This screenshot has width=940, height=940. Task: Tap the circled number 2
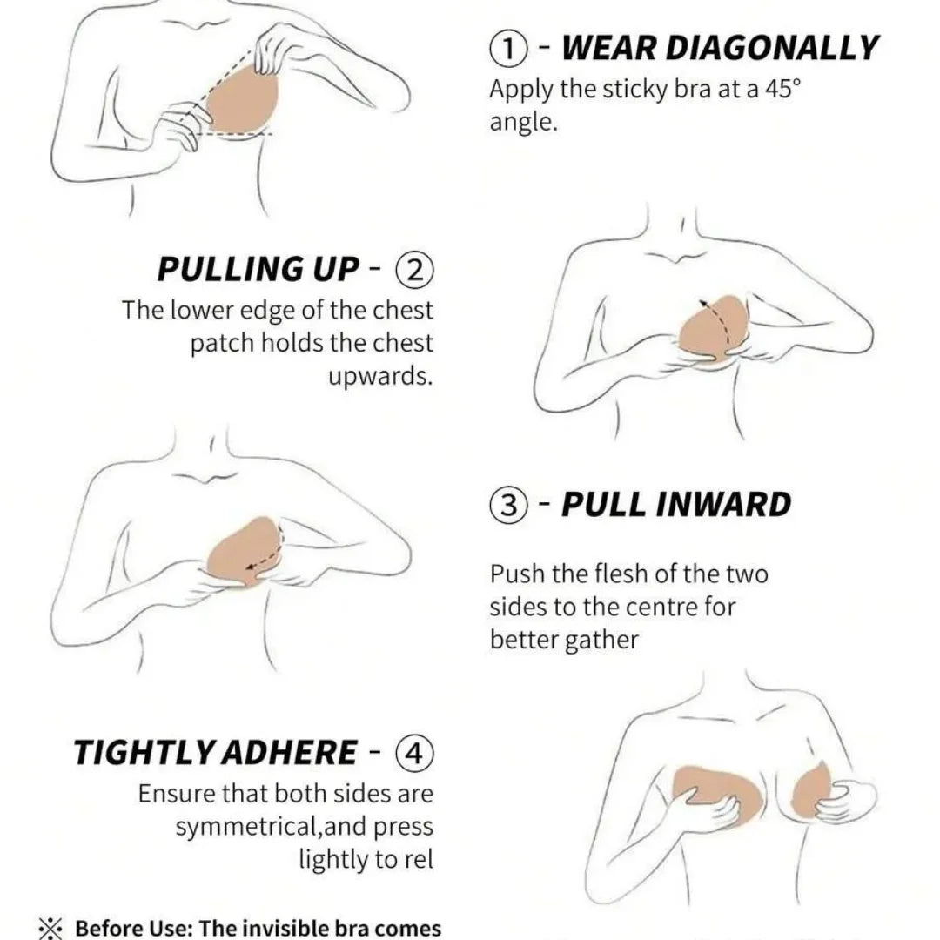pos(414,271)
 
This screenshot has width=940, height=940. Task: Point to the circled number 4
pos(414,754)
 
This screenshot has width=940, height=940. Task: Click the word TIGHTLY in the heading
pos(144,752)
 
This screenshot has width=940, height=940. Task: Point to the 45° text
pos(782,89)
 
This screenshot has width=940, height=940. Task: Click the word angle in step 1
pos(523,124)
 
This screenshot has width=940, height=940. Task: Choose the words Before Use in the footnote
pos(131,928)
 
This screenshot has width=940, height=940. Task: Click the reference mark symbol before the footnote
pos(50,929)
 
